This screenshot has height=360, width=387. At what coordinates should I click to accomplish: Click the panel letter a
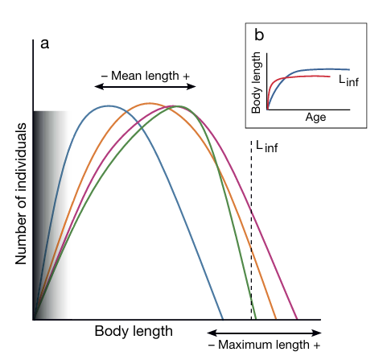coord(45,43)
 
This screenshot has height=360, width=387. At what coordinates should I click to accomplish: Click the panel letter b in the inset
coord(259,35)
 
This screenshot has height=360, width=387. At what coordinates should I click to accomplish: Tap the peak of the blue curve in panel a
coord(109,106)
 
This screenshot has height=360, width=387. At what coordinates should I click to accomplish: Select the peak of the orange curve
coord(149,103)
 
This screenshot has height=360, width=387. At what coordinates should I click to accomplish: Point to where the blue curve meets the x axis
coord(223,319)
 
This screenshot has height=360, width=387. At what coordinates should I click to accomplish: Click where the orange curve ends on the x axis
coord(276,319)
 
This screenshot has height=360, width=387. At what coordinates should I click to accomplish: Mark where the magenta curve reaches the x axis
coord(297,319)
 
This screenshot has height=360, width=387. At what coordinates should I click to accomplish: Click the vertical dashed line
coord(251,230)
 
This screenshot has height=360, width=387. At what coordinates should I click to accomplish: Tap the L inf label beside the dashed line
coord(267,147)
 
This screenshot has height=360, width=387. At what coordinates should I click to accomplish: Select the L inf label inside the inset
coord(348,81)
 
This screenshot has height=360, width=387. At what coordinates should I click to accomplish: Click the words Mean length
coord(145,76)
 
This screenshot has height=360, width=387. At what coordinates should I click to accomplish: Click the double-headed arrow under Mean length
coord(145,86)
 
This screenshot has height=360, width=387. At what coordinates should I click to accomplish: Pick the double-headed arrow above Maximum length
coord(264,333)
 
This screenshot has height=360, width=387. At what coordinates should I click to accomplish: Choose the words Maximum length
coord(264,345)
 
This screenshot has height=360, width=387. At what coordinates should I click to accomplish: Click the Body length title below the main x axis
coord(134,331)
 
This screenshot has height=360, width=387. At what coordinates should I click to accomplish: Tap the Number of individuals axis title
coord(21,194)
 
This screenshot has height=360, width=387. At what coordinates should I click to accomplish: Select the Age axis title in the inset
coord(315,118)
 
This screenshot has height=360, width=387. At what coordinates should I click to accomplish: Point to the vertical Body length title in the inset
coord(256,83)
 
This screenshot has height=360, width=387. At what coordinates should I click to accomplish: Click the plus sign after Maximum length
coord(317,346)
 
